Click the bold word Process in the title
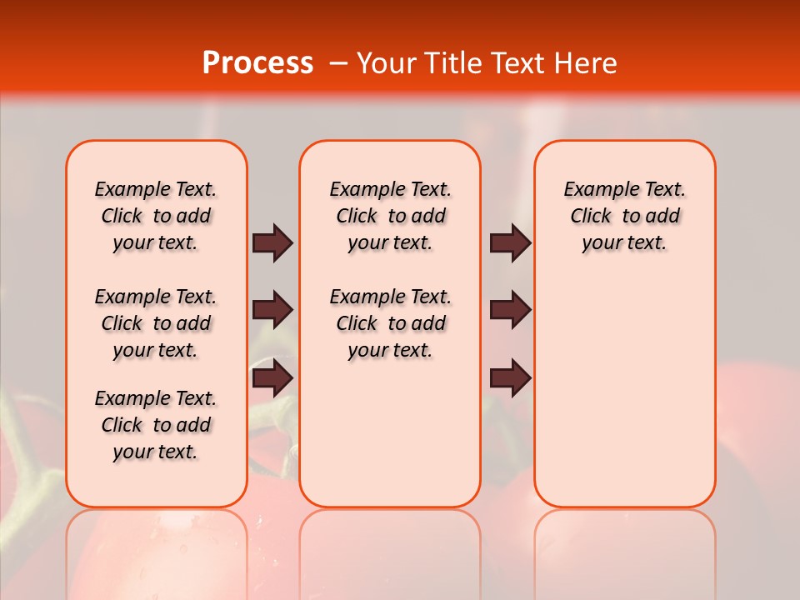[257, 63]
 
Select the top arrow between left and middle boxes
[272, 242]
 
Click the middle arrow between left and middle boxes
[272, 310]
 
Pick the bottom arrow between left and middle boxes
[272, 377]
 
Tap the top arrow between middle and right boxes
[510, 242]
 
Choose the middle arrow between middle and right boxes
[510, 310]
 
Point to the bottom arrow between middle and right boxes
[510, 377]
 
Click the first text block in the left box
[156, 216]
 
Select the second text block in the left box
[156, 323]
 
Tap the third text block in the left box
[156, 425]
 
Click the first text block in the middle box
[390, 216]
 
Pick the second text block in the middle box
[390, 323]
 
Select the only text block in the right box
[624, 216]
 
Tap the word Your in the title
[386, 63]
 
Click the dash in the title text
[337, 63]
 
